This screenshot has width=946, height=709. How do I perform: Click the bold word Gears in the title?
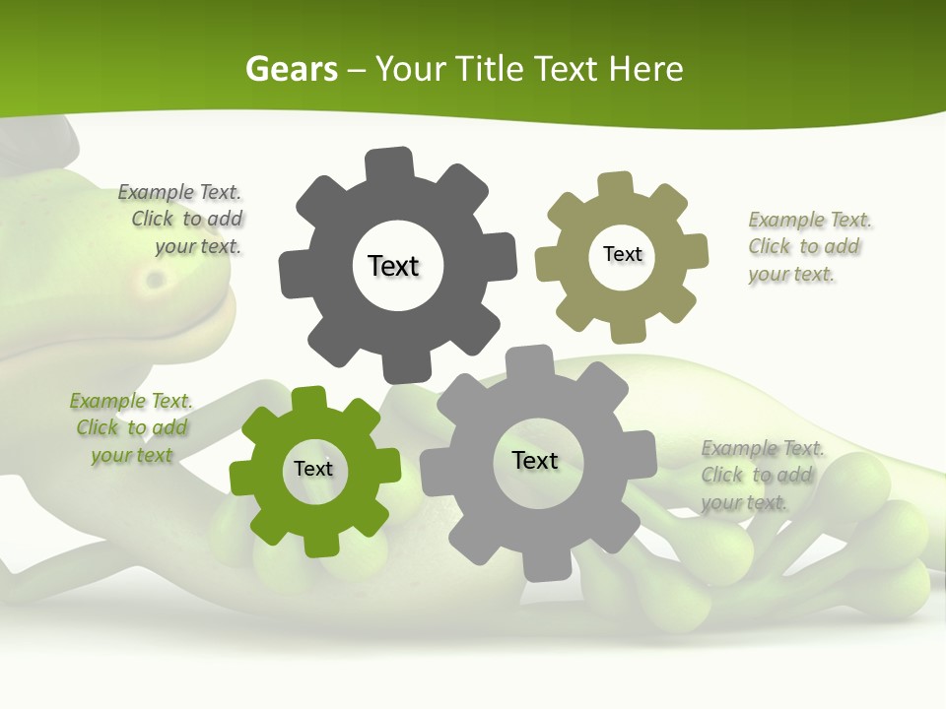tap(291, 69)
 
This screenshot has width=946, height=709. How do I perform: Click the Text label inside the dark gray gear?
tap(393, 266)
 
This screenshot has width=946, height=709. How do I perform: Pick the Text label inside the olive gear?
tap(622, 254)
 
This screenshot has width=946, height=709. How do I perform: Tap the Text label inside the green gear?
tap(313, 469)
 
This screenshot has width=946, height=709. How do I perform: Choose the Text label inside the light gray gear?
tap(535, 460)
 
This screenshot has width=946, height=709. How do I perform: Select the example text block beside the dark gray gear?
tap(182, 220)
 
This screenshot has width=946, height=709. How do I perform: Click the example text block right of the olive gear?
tap(808, 247)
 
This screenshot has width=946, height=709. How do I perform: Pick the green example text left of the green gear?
tap(131, 428)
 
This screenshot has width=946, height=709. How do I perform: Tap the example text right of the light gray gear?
tap(761, 476)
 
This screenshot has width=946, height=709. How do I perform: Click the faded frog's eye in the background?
tap(154, 280)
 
